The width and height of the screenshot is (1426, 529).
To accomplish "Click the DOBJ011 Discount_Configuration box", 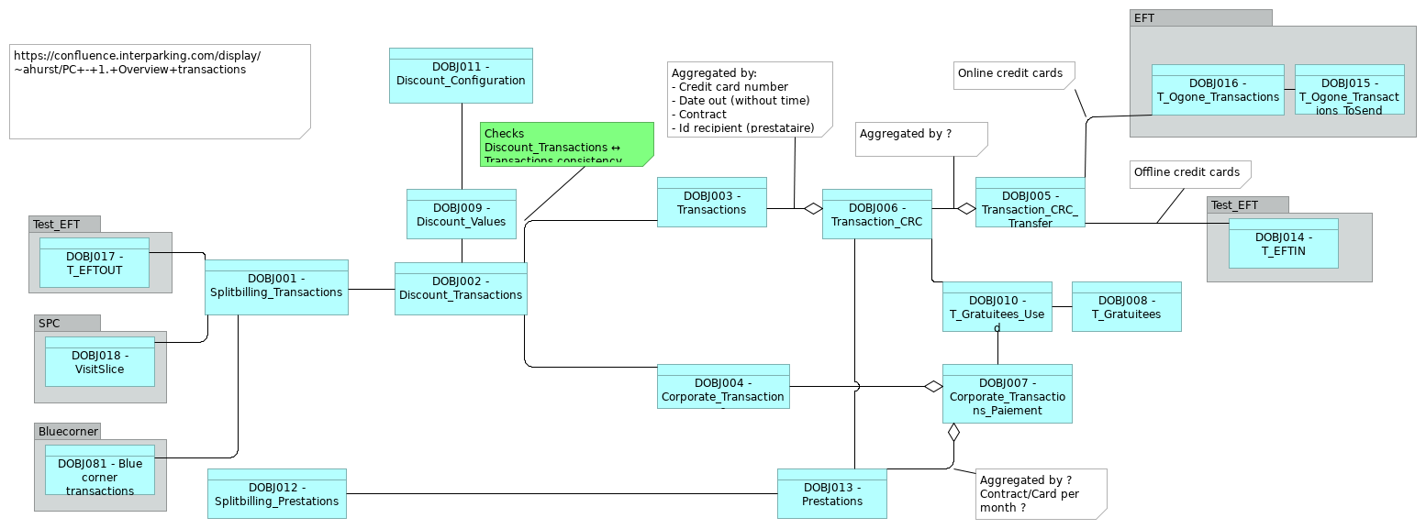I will tap(461, 75).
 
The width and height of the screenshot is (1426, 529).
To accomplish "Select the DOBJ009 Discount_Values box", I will tap(462, 214).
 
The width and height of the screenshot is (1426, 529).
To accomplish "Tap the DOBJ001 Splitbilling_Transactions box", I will tap(276, 287).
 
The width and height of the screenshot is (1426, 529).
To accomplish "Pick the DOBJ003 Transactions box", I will tap(711, 202).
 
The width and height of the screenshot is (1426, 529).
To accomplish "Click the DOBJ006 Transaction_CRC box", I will tap(876, 214).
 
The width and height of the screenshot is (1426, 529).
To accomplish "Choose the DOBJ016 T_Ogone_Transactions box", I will tap(1218, 90).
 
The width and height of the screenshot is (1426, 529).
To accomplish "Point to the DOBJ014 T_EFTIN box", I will tap(1283, 243).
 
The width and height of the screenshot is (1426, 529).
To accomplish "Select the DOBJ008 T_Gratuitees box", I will tap(1126, 306).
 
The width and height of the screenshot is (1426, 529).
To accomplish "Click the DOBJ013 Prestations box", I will tap(831, 493).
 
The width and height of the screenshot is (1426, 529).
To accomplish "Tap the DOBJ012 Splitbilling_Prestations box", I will tap(276, 493).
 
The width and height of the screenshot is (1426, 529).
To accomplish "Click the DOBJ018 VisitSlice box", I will tap(100, 361).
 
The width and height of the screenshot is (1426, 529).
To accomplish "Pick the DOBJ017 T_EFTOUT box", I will tap(94, 262).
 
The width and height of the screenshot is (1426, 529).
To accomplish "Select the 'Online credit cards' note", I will tap(1012, 74).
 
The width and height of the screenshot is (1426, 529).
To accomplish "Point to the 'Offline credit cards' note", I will tap(1188, 173).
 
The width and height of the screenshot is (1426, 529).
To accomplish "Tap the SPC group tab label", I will tap(49, 323).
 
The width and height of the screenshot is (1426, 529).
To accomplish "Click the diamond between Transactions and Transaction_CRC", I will tap(813, 208).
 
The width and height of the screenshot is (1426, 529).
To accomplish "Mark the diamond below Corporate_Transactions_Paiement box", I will tap(953, 432).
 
